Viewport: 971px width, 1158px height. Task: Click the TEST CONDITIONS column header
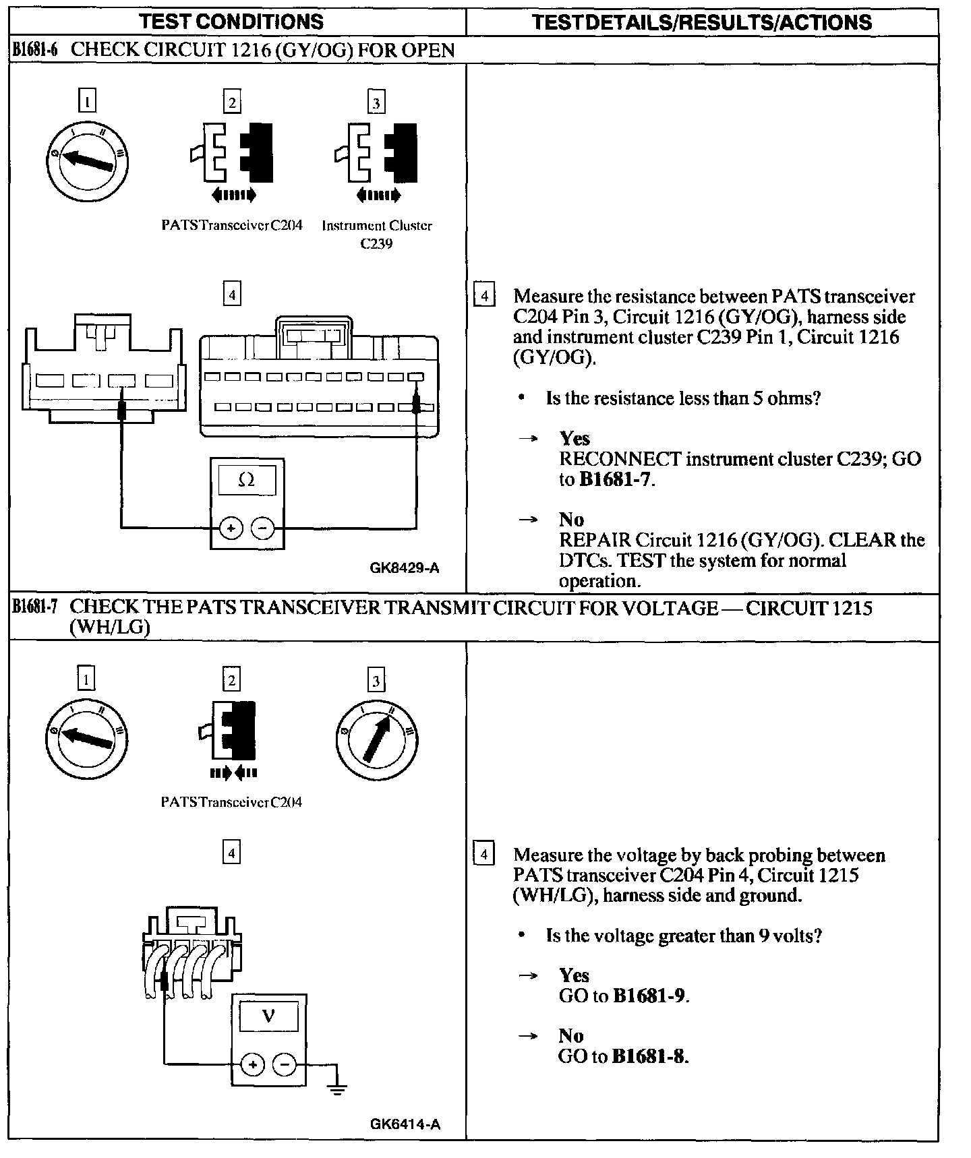pos(231,22)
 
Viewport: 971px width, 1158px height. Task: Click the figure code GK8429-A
pos(405,568)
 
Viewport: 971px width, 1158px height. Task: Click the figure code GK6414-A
pos(405,1124)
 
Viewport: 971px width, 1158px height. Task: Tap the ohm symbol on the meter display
pos(247,480)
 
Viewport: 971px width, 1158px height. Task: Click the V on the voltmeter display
pos(268,1015)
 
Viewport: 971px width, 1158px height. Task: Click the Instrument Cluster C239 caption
pos(376,234)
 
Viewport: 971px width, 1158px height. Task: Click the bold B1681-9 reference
pos(650,996)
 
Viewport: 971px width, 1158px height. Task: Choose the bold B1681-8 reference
pos(649,1056)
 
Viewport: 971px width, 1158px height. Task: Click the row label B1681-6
pos(34,50)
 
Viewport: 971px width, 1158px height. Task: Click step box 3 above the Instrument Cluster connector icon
pos(376,102)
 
